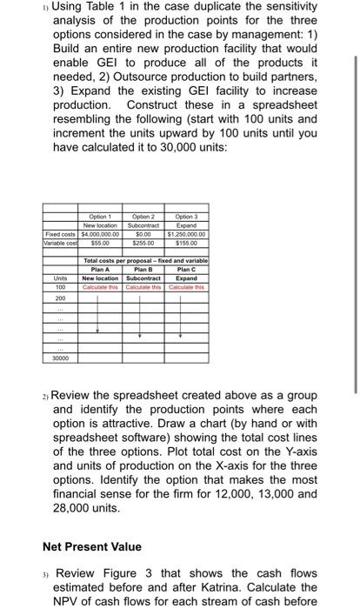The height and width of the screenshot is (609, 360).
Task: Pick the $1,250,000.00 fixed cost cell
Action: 185,232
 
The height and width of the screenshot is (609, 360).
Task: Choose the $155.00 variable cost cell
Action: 185,240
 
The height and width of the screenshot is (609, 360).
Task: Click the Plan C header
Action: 185,270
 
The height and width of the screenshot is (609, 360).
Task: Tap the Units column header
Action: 61,278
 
